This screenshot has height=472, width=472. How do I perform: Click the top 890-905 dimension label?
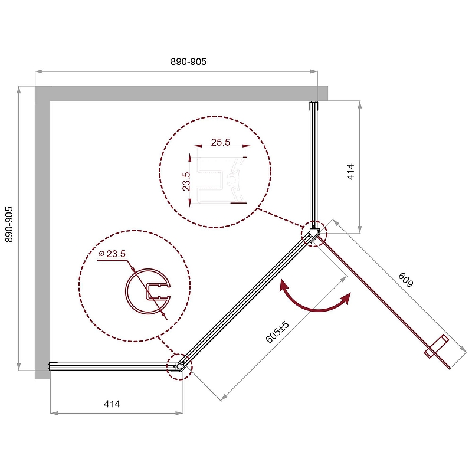click(188, 62)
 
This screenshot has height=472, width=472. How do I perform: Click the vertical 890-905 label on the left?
click(9, 224)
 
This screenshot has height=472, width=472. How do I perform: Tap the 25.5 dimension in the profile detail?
click(220, 142)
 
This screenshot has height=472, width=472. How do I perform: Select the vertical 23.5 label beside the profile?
click(186, 181)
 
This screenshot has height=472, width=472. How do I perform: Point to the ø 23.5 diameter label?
click(112, 254)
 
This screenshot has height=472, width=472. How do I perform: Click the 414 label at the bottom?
click(112, 404)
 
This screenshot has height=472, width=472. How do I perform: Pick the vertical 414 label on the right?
click(350, 172)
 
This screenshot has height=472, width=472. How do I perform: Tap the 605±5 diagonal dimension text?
click(277, 332)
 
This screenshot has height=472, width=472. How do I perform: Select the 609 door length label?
click(406, 280)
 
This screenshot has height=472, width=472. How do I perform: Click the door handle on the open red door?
click(437, 346)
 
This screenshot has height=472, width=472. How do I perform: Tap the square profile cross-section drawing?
click(221, 180)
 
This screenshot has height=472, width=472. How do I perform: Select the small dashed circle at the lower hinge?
click(179, 367)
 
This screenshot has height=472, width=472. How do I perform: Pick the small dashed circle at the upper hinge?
click(314, 234)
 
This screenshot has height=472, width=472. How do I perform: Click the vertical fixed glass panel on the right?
click(314, 165)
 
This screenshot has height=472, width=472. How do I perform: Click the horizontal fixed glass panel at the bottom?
click(112, 366)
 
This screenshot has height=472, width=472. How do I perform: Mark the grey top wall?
click(182, 93)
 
